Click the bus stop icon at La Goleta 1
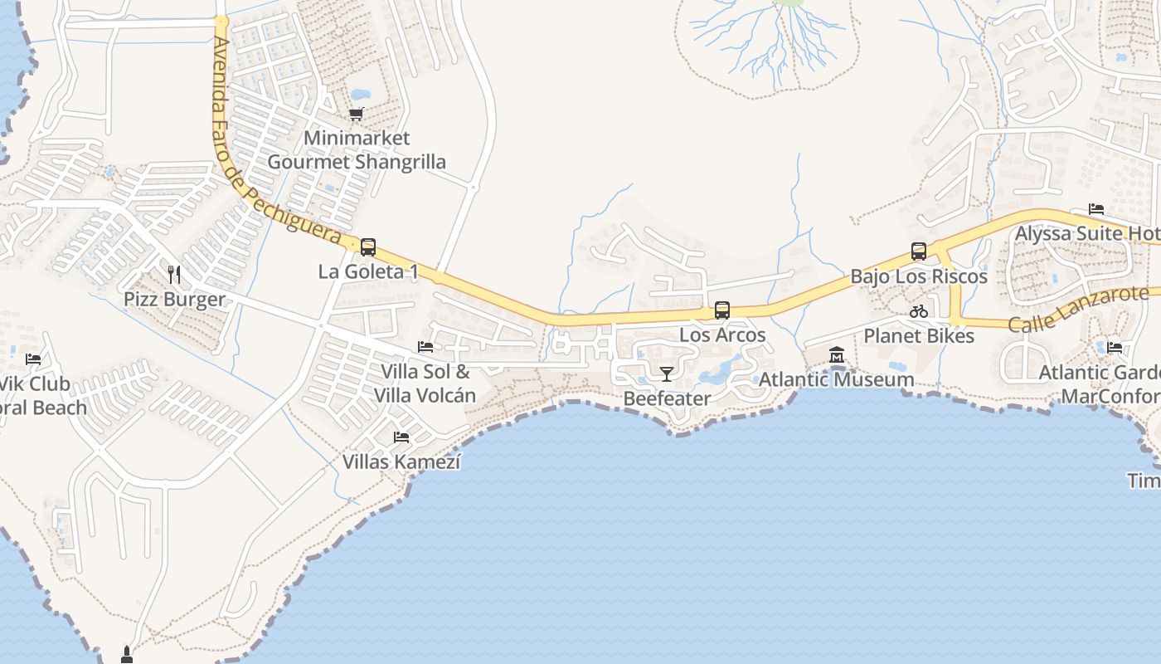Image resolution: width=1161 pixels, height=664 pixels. (367, 247)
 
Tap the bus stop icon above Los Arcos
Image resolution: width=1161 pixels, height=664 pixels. (722, 310)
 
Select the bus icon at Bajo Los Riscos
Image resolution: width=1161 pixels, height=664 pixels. (918, 251)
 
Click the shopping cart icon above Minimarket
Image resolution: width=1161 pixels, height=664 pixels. (357, 114)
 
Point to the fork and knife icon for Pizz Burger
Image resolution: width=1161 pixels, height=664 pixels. (174, 274)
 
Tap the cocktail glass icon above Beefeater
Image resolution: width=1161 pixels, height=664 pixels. (666, 373)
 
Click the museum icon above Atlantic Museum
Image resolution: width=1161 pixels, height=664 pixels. (836, 355)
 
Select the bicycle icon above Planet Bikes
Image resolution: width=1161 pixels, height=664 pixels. (918, 312)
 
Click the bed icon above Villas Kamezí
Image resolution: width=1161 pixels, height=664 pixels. (401, 437)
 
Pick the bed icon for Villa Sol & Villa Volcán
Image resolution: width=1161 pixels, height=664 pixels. (425, 346)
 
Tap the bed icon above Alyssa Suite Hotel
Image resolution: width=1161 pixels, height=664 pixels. (1096, 208)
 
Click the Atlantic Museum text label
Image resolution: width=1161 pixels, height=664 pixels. (837, 379)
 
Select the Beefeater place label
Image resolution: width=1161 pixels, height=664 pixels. (667, 398)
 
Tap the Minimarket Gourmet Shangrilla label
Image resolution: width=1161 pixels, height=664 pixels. (357, 149)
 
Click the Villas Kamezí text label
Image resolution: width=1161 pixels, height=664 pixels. (401, 461)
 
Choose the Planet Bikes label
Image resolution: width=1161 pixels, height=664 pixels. (919, 336)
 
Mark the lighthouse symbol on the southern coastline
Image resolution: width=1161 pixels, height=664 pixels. (127, 655)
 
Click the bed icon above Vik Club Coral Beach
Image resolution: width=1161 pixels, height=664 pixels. (33, 359)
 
